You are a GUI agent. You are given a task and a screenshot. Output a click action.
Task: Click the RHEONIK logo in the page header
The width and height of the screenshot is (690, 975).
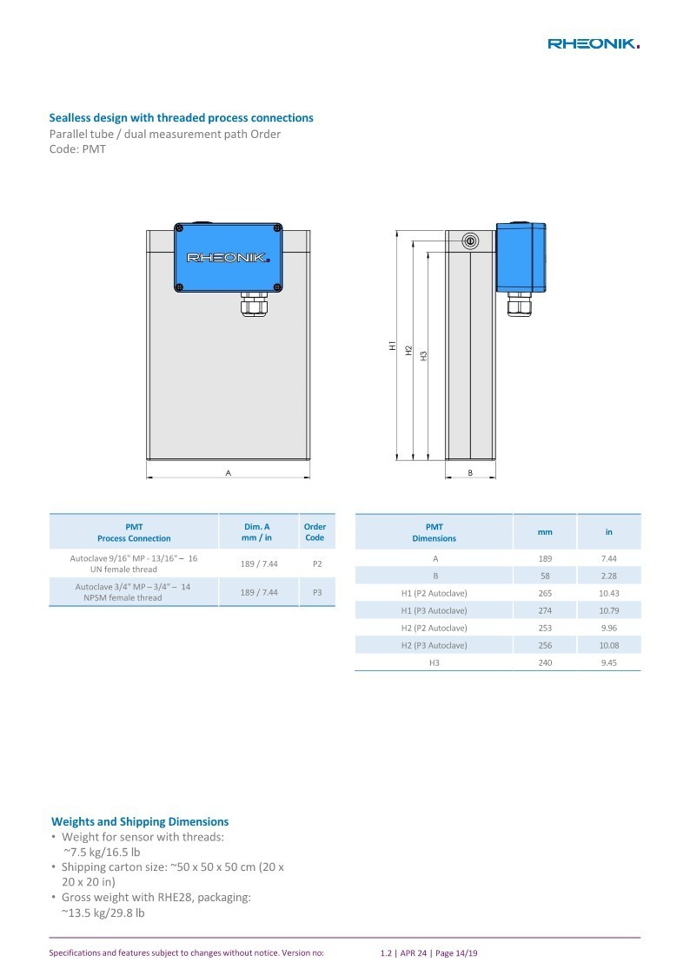click(594, 43)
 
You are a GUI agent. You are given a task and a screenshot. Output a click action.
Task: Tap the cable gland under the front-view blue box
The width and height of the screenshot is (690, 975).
click(253, 304)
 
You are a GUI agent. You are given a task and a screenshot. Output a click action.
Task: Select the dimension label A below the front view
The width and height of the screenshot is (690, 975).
click(229, 473)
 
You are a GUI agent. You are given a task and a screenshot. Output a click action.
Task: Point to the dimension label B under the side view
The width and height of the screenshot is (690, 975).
click(470, 473)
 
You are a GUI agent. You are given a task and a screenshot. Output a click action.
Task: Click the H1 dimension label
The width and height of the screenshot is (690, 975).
click(393, 346)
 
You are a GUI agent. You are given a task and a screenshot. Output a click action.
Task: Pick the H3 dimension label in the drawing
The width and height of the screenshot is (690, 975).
click(424, 356)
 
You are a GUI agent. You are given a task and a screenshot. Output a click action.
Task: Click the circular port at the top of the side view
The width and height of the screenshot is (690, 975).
click(470, 241)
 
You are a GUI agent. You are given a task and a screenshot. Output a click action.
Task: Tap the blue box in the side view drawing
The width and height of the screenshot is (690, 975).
click(521, 258)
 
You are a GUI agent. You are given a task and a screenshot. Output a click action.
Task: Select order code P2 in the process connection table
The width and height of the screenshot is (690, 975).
click(317, 564)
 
